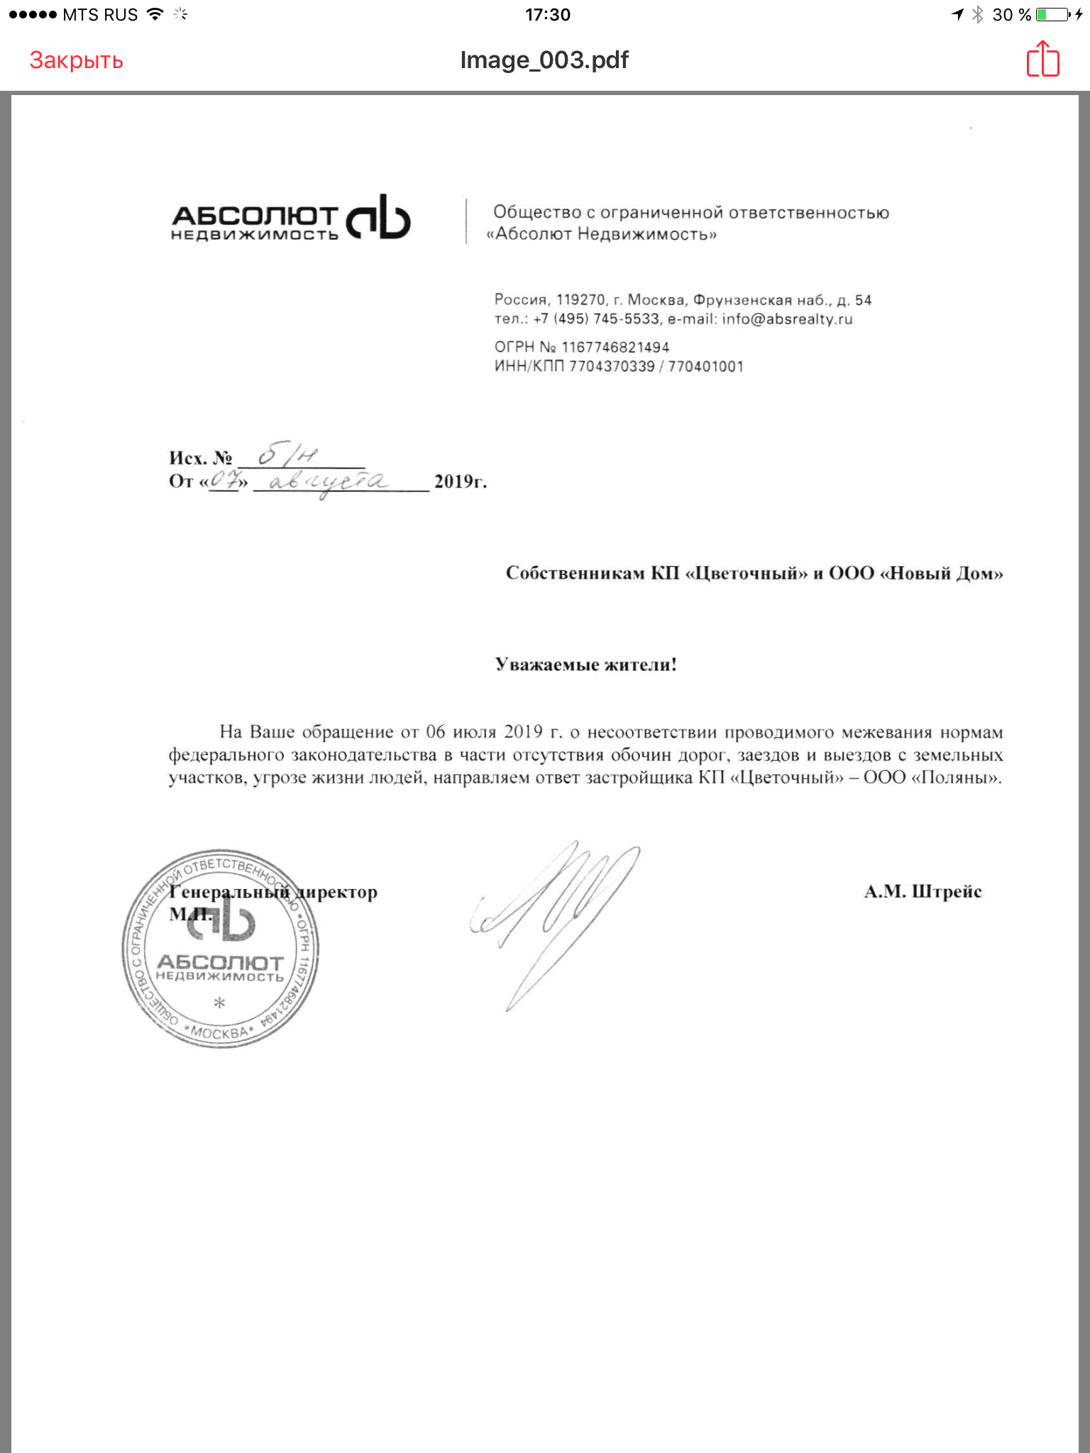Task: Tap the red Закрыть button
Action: tap(76, 60)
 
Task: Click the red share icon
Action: tap(1042, 59)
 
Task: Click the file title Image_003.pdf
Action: tap(544, 60)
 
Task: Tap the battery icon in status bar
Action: tap(1053, 14)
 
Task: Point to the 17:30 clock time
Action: tap(547, 14)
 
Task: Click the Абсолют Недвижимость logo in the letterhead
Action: tap(291, 219)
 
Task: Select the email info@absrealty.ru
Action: tap(787, 319)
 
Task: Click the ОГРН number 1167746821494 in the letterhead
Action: tap(615, 347)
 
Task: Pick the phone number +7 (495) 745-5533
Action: tap(596, 319)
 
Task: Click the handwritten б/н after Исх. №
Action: tap(287, 455)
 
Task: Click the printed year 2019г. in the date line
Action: tap(460, 482)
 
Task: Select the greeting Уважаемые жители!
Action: tap(585, 665)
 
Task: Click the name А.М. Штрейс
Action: tap(923, 892)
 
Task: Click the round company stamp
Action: tap(220, 949)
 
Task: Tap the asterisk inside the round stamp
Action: tap(219, 1002)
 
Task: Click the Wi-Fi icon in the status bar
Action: tap(155, 14)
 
